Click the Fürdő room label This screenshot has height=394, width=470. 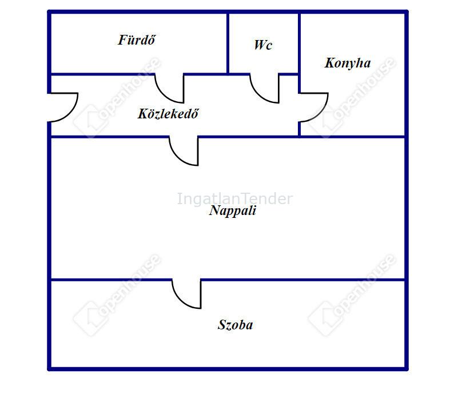pyautogui.click(x=137, y=40)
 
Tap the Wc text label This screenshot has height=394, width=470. pyautogui.click(x=263, y=45)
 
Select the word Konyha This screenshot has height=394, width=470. pyautogui.click(x=348, y=63)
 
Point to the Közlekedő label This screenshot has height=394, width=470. pyautogui.click(x=168, y=114)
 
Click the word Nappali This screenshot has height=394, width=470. pyautogui.click(x=233, y=210)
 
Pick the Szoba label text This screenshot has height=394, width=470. pyautogui.click(x=235, y=325)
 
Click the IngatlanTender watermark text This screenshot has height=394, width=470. pyautogui.click(x=234, y=199)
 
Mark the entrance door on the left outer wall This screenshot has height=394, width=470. pyautogui.click(x=63, y=108)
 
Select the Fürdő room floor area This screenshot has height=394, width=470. pyautogui.click(x=137, y=57)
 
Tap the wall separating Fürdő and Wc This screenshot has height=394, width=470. pyautogui.click(x=228, y=43)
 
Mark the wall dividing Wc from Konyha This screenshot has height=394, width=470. pyautogui.click(x=299, y=43)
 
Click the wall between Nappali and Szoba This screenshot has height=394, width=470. pyautogui.click(x=303, y=280)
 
